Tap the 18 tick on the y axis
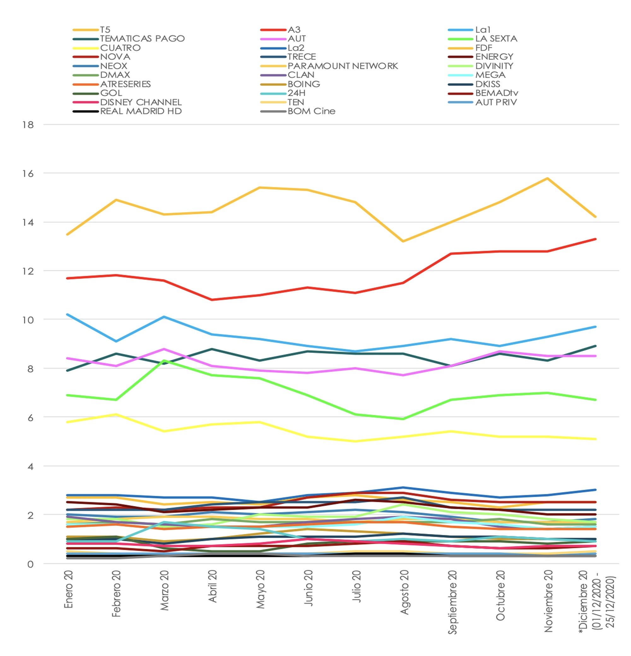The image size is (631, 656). click(28, 125)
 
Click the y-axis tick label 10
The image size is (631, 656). click(28, 320)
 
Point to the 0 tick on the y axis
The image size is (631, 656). click(30, 564)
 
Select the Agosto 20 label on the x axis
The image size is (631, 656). click(404, 593)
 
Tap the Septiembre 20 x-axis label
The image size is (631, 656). click(452, 602)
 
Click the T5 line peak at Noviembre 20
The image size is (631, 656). click(547, 178)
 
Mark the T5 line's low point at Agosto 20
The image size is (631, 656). click(403, 241)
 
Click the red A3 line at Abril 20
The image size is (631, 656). click(212, 300)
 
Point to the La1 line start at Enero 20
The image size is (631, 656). click(68, 315)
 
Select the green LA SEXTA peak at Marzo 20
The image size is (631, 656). click(164, 361)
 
